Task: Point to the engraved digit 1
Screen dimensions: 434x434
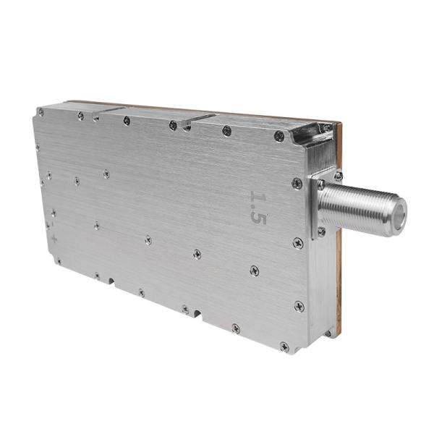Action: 257,197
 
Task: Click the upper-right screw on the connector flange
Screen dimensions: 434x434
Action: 338,176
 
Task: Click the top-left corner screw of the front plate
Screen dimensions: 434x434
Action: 41,112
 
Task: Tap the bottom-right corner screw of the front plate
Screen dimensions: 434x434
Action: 284,346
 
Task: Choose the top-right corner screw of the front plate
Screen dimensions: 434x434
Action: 278,135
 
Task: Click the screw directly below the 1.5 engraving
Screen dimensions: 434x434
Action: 254,270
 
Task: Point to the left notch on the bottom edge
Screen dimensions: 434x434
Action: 109,279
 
